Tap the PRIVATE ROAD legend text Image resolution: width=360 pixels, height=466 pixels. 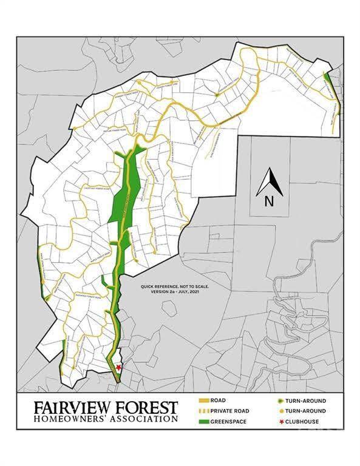click(238, 411)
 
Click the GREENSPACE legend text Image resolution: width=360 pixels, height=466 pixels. click(236, 420)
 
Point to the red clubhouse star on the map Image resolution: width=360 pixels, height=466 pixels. click(118, 368)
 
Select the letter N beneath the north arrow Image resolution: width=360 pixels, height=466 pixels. click(268, 202)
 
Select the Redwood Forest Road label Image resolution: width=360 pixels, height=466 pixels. click(89, 297)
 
